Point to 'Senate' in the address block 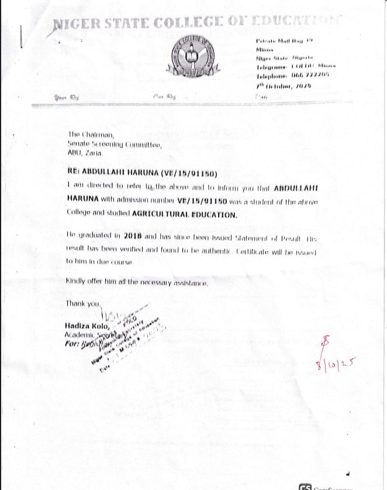[78, 143]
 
